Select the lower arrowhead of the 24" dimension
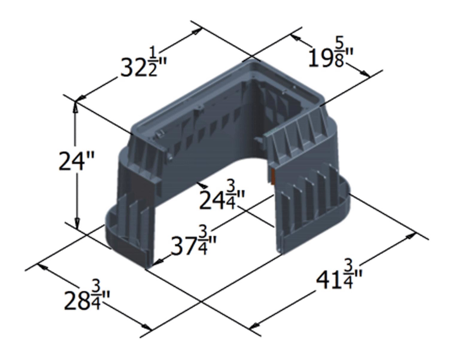(77, 225)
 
